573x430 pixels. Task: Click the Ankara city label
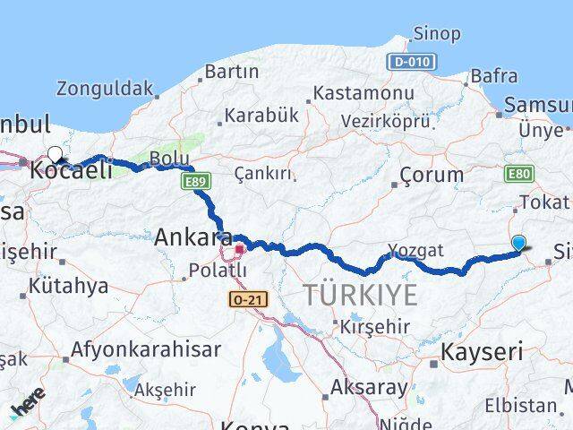(x=187, y=237)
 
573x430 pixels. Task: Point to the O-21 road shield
(x=248, y=299)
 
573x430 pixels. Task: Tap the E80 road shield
(x=519, y=174)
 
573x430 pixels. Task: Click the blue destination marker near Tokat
(x=519, y=243)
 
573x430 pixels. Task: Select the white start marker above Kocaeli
(x=56, y=154)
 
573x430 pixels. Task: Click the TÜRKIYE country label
(x=360, y=295)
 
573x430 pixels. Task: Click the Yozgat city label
(x=415, y=250)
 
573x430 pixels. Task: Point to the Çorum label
(x=432, y=175)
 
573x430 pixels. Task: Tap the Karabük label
(x=261, y=116)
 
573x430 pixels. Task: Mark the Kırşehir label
(x=374, y=327)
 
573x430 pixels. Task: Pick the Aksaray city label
(x=370, y=389)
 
